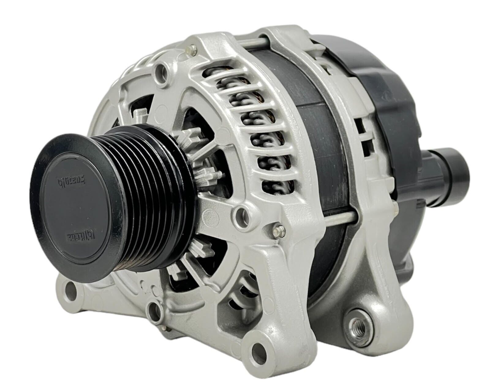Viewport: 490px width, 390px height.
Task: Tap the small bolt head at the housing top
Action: tap(193, 48)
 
